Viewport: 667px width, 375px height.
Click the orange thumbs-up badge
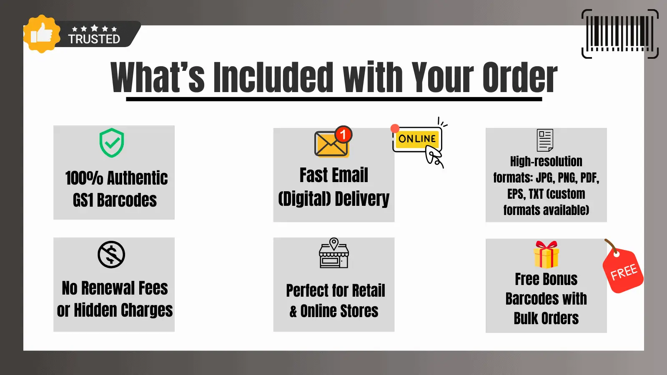click(x=42, y=34)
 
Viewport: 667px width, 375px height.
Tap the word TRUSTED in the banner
click(x=94, y=39)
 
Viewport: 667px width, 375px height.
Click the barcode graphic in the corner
click(x=620, y=34)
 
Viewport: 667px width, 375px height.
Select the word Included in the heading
click(x=273, y=77)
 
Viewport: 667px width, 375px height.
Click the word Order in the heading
click(x=520, y=77)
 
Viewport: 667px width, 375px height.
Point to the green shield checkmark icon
click(x=112, y=143)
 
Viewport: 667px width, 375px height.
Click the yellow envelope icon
click(x=331, y=144)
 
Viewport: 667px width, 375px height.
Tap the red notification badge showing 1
click(x=344, y=135)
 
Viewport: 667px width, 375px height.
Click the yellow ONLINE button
click(x=417, y=139)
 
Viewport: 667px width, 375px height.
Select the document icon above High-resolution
click(x=545, y=140)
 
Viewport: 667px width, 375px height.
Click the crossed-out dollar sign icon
click(x=111, y=255)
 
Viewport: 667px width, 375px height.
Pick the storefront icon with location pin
click(x=334, y=252)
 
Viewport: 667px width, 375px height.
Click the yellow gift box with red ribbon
click(x=546, y=255)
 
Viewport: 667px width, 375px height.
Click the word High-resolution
click(x=546, y=162)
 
